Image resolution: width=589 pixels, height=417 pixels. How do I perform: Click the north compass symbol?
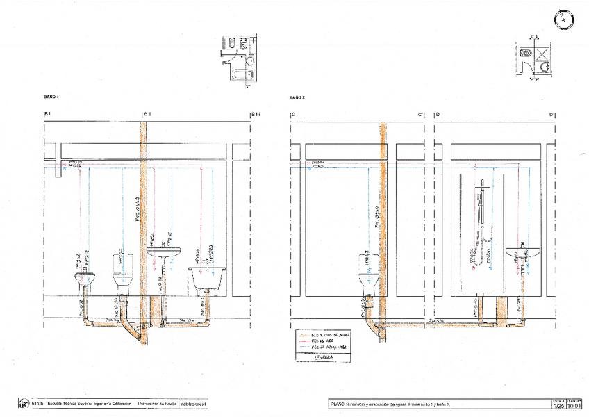point(563,19)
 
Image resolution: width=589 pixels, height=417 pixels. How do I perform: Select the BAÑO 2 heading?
point(298,97)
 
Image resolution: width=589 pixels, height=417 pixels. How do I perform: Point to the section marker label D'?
point(551,114)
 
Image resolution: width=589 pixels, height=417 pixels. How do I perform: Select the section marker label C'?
point(421,114)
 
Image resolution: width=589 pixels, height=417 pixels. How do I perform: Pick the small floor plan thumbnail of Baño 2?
point(534,61)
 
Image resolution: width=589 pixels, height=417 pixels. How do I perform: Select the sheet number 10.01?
point(574,405)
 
